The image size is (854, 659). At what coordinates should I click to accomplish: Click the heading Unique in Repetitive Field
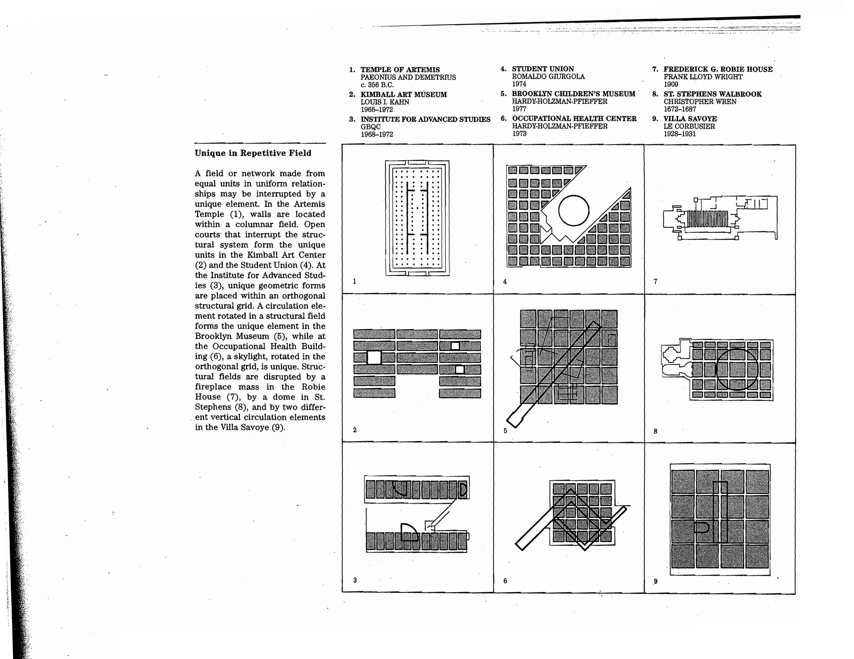[x=253, y=153]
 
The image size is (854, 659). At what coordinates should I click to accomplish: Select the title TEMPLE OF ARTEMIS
[x=400, y=70]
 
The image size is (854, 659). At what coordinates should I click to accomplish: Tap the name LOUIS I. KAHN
[x=384, y=102]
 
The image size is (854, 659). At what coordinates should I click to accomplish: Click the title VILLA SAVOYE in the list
[x=690, y=119]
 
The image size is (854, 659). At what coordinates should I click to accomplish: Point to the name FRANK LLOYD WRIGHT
[x=703, y=77]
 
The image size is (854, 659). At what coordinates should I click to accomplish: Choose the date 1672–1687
[x=680, y=109]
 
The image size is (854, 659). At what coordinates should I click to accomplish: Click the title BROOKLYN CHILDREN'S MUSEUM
[x=573, y=94]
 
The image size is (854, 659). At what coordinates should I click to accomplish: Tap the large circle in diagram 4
[x=573, y=210]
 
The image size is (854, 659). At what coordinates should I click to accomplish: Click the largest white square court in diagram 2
[x=374, y=357]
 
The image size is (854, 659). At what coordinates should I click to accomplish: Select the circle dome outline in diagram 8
[x=737, y=369]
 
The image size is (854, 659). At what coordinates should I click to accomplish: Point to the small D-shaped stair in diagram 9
[x=702, y=528]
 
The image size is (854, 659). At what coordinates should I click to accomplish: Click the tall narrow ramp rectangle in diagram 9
[x=720, y=512]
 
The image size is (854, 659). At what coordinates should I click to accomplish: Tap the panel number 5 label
[x=505, y=431]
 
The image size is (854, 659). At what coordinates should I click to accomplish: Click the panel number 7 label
[x=656, y=282]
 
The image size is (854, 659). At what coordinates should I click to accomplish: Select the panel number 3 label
[x=355, y=580]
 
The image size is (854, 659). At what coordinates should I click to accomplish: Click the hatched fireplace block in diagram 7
[x=707, y=219]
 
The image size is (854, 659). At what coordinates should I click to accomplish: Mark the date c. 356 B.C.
[x=377, y=85]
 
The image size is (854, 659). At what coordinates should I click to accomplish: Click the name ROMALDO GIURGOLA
[x=548, y=77]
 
